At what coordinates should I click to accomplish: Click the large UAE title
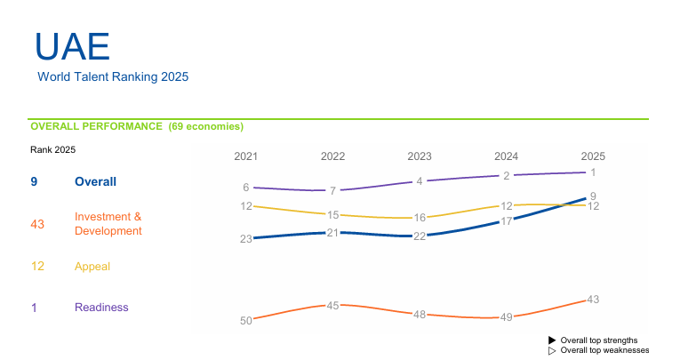point(72,47)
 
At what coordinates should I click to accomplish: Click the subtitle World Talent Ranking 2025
point(113,77)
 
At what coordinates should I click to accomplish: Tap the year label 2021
point(245,156)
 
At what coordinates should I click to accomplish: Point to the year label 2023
point(420,156)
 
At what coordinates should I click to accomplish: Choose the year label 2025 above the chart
point(593,156)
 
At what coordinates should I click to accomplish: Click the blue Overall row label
point(95,181)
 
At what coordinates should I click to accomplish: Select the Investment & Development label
point(108,223)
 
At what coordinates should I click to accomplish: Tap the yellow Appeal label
point(92,266)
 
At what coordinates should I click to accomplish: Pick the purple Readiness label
point(101,308)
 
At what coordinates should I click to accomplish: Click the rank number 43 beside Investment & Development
point(37,224)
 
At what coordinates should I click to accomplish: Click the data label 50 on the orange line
point(246,321)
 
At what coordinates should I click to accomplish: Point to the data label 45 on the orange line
point(333,306)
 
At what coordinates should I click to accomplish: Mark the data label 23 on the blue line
point(246,239)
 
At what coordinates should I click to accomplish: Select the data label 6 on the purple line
point(246,188)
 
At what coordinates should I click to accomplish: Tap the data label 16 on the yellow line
point(420,218)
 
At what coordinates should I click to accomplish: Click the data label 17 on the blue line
point(507,220)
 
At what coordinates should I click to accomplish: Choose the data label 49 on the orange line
point(507,317)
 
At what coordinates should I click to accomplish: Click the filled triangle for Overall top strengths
point(552,340)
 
